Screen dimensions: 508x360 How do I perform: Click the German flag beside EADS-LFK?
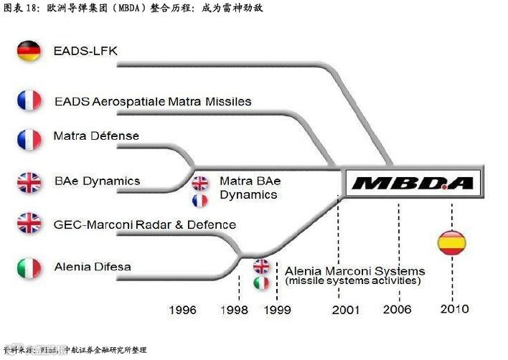[29, 52]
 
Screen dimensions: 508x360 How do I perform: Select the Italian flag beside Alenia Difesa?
[29, 268]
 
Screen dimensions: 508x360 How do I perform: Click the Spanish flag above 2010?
[451, 242]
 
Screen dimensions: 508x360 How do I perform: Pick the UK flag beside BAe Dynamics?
[29, 182]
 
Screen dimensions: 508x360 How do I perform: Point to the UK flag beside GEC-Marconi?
[29, 223]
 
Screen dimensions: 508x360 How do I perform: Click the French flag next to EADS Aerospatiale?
[29, 100]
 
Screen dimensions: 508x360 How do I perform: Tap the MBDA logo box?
[413, 183]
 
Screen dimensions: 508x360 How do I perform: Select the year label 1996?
[183, 311]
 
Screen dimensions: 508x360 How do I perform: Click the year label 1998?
[234, 311]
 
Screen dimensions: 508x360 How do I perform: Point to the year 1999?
[277, 311]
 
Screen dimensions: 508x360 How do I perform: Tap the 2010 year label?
[454, 309]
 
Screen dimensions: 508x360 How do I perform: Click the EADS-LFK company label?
[85, 52]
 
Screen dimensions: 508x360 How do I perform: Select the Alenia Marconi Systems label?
[354, 272]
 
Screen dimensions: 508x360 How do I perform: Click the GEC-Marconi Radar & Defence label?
[144, 224]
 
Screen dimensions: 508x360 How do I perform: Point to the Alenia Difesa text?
[93, 267]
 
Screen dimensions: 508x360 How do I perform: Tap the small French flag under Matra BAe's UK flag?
[199, 201]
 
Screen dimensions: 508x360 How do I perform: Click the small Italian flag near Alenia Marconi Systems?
[261, 283]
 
